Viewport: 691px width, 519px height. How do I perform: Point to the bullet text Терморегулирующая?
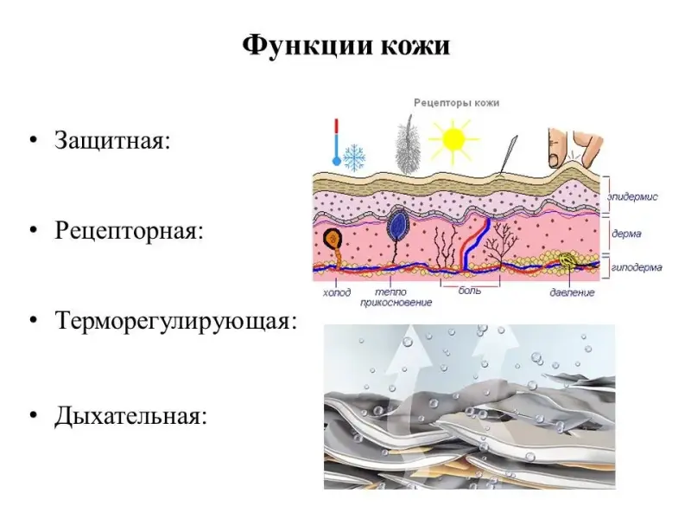tap(176, 322)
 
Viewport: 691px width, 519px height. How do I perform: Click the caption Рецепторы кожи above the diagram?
tap(456, 102)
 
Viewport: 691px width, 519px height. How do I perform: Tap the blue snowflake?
tap(354, 157)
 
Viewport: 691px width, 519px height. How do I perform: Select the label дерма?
tap(625, 234)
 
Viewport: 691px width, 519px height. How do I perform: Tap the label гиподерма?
tap(637, 267)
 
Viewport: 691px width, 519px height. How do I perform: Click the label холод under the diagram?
tap(337, 292)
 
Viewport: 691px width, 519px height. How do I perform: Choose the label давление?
tap(572, 292)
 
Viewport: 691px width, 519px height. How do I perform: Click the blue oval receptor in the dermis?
tap(397, 226)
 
